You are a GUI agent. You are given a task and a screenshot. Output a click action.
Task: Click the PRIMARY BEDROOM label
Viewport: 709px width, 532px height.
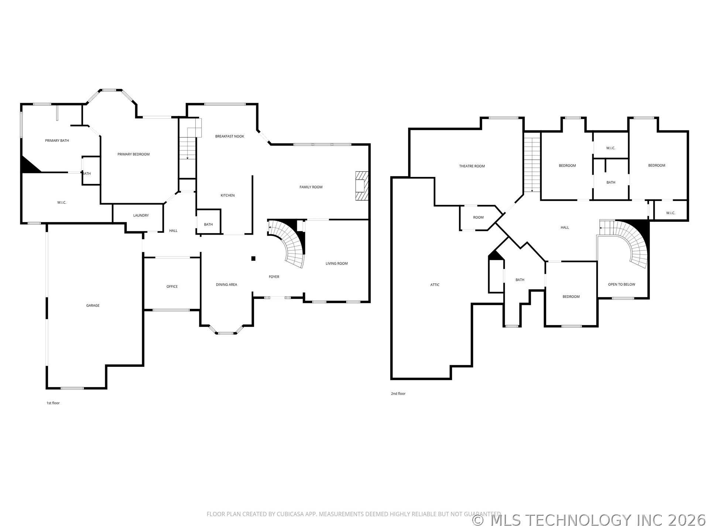coord(133,154)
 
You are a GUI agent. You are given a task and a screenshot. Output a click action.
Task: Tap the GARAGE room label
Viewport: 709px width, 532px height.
coord(93,306)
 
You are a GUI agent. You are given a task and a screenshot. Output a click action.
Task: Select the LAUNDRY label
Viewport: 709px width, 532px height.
coord(141,215)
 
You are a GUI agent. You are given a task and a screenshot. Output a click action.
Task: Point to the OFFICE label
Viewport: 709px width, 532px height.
coord(172,287)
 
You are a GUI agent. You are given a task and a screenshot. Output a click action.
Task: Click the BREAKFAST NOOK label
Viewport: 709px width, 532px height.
coord(230,136)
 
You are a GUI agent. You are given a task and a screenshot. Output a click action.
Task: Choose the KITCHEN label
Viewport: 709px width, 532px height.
coord(227,195)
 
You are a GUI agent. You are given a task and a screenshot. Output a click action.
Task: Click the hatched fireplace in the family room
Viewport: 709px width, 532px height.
coord(362,186)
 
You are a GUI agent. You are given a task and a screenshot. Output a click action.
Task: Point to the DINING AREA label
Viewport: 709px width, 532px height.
coord(226,285)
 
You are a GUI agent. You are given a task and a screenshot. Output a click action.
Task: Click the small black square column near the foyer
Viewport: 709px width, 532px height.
coord(253,259)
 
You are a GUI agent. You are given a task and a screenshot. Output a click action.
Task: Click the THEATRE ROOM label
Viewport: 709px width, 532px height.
coord(472,166)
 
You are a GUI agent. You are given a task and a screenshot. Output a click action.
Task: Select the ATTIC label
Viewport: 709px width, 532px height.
coord(435,285)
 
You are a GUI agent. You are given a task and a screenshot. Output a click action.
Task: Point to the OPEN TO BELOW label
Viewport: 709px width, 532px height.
coord(622,284)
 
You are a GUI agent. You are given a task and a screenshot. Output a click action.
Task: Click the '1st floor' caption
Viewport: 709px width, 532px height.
coord(53,403)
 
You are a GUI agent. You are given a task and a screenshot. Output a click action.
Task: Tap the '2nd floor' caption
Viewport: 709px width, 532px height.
coord(398,394)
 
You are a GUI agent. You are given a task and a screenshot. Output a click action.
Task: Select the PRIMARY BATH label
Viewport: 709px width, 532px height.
coord(57,141)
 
